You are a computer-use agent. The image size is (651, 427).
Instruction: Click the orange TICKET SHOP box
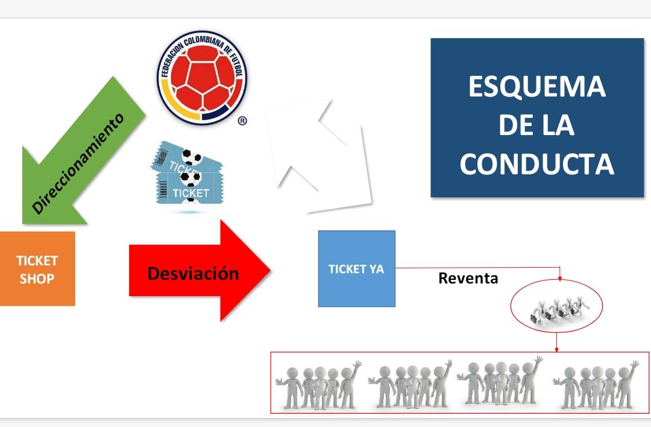[x=37, y=269]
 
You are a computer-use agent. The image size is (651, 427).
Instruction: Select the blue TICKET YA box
[x=357, y=269]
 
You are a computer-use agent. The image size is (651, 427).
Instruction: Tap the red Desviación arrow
[x=200, y=270]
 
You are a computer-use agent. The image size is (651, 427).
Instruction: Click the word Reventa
[x=468, y=278]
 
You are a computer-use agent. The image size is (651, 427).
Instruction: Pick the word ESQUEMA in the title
[x=537, y=86]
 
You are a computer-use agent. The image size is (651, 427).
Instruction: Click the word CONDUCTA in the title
[x=537, y=163]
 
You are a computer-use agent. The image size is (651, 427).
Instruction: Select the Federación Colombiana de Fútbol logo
[x=202, y=78]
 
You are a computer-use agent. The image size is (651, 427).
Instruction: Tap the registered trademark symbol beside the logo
[x=242, y=121]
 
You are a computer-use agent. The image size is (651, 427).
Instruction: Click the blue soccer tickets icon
[x=187, y=174]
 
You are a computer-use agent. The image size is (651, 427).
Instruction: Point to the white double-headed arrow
[x=319, y=156]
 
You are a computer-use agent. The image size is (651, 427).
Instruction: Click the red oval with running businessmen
[x=556, y=306]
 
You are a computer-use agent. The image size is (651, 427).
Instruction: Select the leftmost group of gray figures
[x=318, y=385]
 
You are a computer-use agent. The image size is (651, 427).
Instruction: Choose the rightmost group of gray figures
[x=596, y=385]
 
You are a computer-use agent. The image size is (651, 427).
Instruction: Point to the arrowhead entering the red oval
[x=559, y=279]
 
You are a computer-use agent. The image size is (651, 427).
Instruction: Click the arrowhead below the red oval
[x=557, y=350]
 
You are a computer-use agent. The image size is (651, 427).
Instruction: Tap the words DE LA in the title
[x=536, y=125]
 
